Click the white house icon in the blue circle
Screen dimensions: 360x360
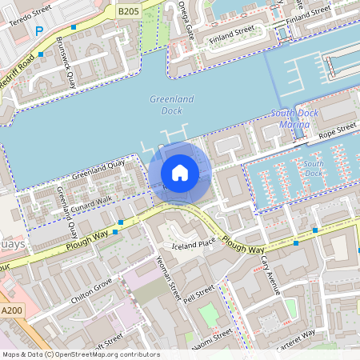pyautogui.click(x=180, y=172)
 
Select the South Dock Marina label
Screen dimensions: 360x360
pyautogui.click(x=294, y=118)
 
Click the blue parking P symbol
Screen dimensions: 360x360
pyautogui.click(x=39, y=31)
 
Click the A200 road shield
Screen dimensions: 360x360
pyautogui.click(x=12, y=310)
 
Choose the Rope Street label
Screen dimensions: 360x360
pyautogui.click(x=336, y=130)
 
